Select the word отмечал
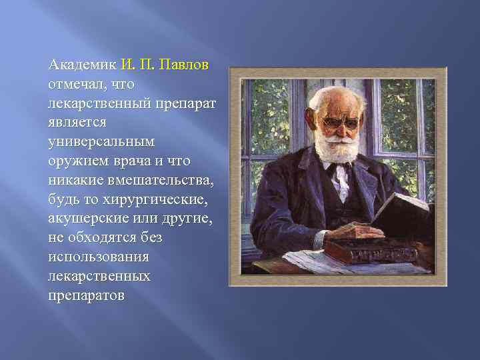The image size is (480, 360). click(x=77, y=85)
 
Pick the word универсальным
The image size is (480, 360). click(x=101, y=142)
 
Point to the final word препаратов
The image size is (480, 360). click(x=86, y=295)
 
